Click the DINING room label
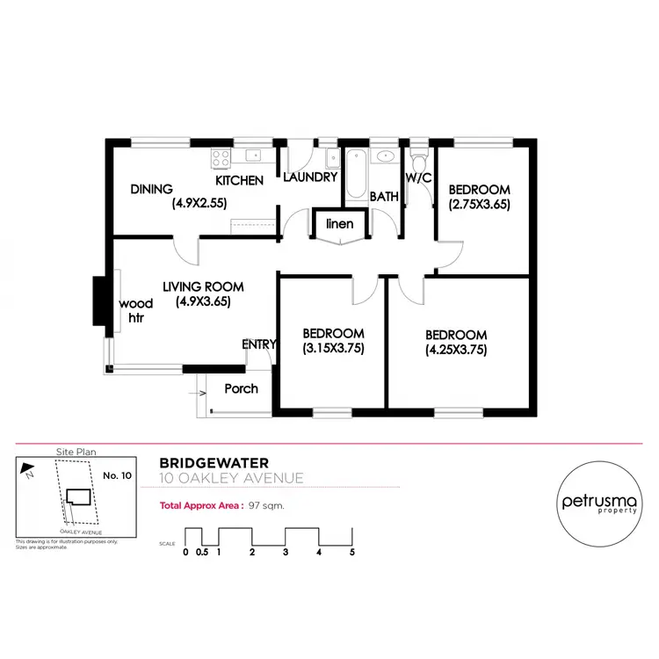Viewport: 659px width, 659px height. (x=152, y=189)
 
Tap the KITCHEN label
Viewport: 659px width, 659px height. (x=240, y=180)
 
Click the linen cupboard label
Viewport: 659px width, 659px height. (x=340, y=223)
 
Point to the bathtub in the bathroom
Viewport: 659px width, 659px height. (x=356, y=175)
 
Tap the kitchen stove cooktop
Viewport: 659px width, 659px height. (x=221, y=159)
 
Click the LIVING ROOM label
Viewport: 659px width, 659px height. (x=203, y=286)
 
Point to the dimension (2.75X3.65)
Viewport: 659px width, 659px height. (x=479, y=205)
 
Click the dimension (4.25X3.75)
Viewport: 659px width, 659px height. (x=456, y=349)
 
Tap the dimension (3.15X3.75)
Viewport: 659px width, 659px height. (x=333, y=348)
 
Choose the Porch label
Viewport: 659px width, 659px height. (x=241, y=387)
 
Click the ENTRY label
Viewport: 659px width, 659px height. (x=259, y=344)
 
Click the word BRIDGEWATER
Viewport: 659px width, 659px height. (x=214, y=462)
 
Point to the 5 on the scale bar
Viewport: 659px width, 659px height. (x=352, y=552)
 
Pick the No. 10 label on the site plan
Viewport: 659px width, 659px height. (x=117, y=475)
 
